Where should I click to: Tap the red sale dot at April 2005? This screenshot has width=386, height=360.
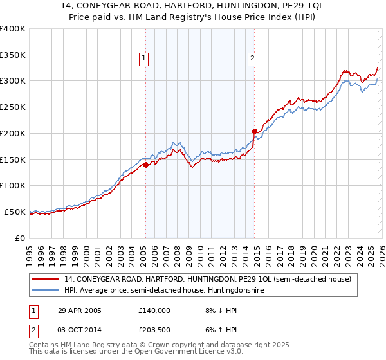(x=146, y=165)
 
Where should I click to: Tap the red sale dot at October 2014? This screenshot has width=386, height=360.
(x=254, y=131)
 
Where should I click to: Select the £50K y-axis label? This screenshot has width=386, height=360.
(x=15, y=212)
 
